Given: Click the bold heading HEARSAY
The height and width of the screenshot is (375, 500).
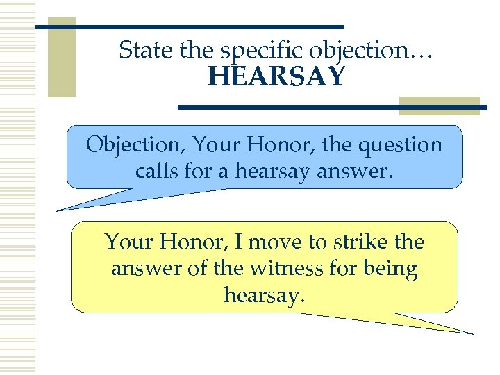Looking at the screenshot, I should [x=276, y=77].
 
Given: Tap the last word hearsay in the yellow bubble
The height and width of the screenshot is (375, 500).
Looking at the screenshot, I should [x=264, y=295].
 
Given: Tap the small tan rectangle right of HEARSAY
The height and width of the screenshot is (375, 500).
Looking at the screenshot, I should [x=439, y=103].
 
